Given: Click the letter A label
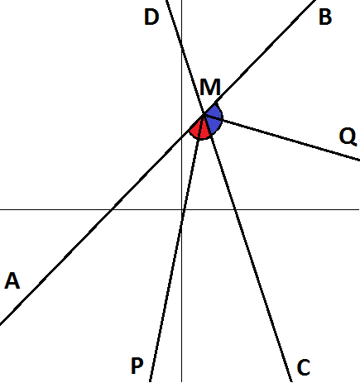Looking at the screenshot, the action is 12,280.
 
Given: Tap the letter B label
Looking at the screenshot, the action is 325,17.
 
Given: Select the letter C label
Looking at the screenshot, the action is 304,367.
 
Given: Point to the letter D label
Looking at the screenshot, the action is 151,17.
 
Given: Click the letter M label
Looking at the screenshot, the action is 210,87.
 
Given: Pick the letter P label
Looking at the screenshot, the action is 137,366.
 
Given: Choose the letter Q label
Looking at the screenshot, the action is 348,136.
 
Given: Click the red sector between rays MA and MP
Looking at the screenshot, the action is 196,129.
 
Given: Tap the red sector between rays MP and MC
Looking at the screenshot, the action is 204,131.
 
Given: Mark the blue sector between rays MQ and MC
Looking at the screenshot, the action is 214,125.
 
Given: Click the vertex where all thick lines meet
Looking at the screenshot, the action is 204,114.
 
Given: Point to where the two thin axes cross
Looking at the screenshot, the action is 181,209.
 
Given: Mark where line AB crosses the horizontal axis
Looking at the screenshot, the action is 111,209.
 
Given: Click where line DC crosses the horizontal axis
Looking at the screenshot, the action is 235,209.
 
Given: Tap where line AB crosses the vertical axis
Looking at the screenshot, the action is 181,136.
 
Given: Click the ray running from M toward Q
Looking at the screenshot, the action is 282,136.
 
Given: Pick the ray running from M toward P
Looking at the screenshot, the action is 177,247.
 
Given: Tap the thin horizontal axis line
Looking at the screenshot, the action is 180,209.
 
